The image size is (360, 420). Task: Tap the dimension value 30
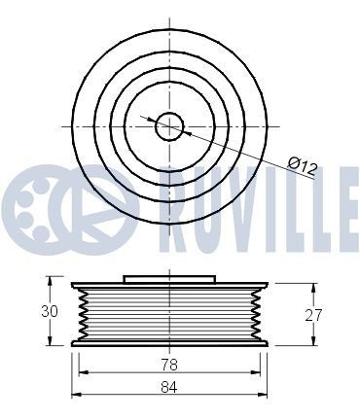coord(50,311)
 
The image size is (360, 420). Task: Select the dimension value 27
coord(313,315)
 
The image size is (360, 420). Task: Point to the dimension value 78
coord(169,365)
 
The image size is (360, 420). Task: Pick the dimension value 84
coord(169,387)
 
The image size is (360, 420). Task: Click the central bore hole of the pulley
coord(169,126)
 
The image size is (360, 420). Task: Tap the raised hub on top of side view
coord(169,279)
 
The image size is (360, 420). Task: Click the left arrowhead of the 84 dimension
coord(76,395)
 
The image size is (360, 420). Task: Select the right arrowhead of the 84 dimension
coord(263,395)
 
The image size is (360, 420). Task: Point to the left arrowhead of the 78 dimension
coord(84,372)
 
